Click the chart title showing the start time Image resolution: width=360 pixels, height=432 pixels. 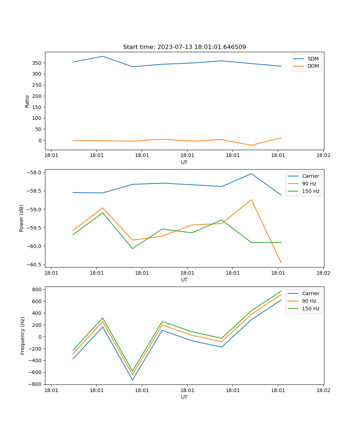(184, 47)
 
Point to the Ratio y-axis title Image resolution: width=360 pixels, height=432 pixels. (27, 101)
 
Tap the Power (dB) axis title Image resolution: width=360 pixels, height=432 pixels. (22, 218)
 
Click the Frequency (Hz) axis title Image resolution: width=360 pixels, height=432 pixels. (23, 336)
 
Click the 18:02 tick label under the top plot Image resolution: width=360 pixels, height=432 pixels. (323, 156)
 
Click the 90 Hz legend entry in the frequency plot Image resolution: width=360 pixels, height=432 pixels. (309, 301)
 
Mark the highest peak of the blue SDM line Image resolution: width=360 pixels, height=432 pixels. (103, 56)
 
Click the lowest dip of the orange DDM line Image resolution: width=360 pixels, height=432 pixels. (251, 145)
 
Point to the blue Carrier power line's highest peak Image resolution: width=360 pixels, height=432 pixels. (251, 174)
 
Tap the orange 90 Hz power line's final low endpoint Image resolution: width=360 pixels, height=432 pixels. (281, 263)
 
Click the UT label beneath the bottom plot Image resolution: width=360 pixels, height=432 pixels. (184, 397)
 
